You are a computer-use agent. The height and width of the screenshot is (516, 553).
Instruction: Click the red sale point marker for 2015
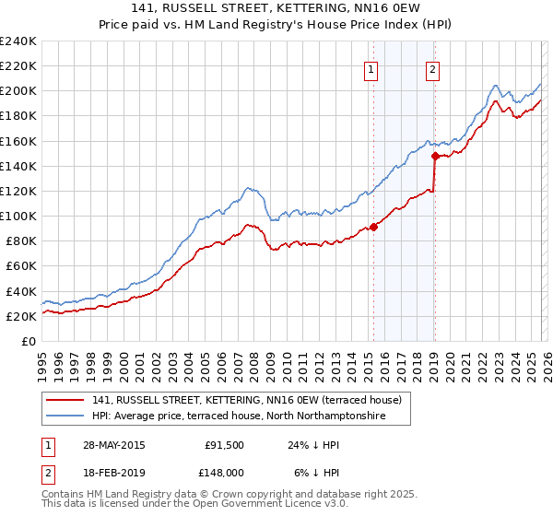(x=373, y=227)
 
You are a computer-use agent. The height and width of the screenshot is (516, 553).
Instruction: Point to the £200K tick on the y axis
(x=18, y=91)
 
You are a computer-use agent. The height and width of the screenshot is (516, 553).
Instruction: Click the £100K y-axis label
(x=18, y=216)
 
